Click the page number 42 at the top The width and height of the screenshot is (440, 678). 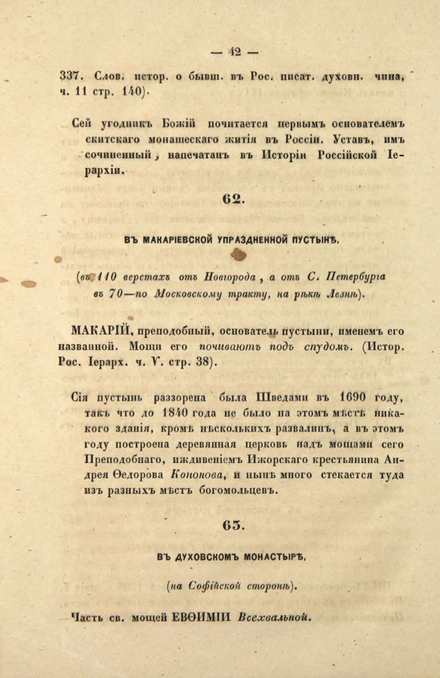[235, 52]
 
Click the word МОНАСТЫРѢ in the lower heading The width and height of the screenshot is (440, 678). [273, 557]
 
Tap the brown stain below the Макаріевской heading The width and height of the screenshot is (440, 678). [239, 254]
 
